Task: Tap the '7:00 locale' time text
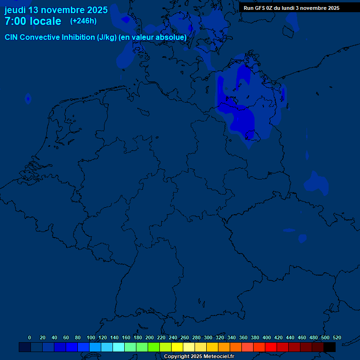coord(33,21)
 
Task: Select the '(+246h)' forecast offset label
coord(83,21)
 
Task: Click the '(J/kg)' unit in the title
coord(107,37)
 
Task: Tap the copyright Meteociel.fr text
coord(199,356)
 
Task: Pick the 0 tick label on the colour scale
coord(30,337)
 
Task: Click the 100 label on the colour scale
coord(91,337)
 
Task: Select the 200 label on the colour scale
coord(150,337)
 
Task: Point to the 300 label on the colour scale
coord(208,337)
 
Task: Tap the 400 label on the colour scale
coord(267,337)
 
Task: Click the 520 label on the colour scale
coord(337,337)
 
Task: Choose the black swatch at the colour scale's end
coord(330,347)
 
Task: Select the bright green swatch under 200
coord(154,347)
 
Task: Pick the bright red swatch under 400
coord(271,347)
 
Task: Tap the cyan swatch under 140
coord(119,347)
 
